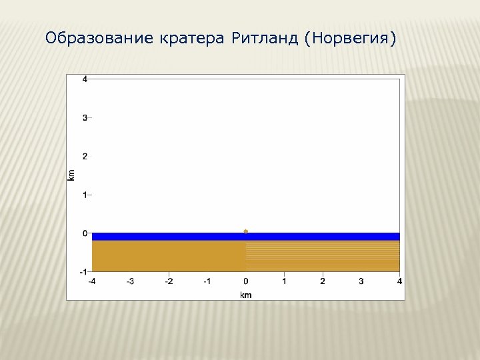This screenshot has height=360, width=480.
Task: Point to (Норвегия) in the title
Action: coord(349,39)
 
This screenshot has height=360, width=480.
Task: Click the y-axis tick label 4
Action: coord(84,79)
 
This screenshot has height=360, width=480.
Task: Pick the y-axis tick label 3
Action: coord(84,117)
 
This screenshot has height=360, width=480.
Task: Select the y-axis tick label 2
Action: coord(84,156)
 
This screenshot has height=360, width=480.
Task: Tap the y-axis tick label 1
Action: coord(84,195)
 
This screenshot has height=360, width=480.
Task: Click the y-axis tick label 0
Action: coord(84,233)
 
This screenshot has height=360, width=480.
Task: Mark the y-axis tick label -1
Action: coord(83,271)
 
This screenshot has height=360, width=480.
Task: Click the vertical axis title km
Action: coord(72,175)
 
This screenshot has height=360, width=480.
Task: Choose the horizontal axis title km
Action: coord(245,294)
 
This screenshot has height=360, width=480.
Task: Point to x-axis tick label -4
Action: coord(92,281)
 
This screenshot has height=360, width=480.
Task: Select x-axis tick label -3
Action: coord(131,281)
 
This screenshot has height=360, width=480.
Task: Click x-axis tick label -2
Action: coord(169,281)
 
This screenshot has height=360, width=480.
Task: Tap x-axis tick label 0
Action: coord(246,281)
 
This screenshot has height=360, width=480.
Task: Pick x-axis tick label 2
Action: coord(323,281)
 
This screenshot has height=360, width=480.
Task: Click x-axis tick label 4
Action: coord(399,281)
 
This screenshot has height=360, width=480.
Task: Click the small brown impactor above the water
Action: coord(246,231)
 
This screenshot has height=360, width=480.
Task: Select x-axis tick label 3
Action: coord(361,281)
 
